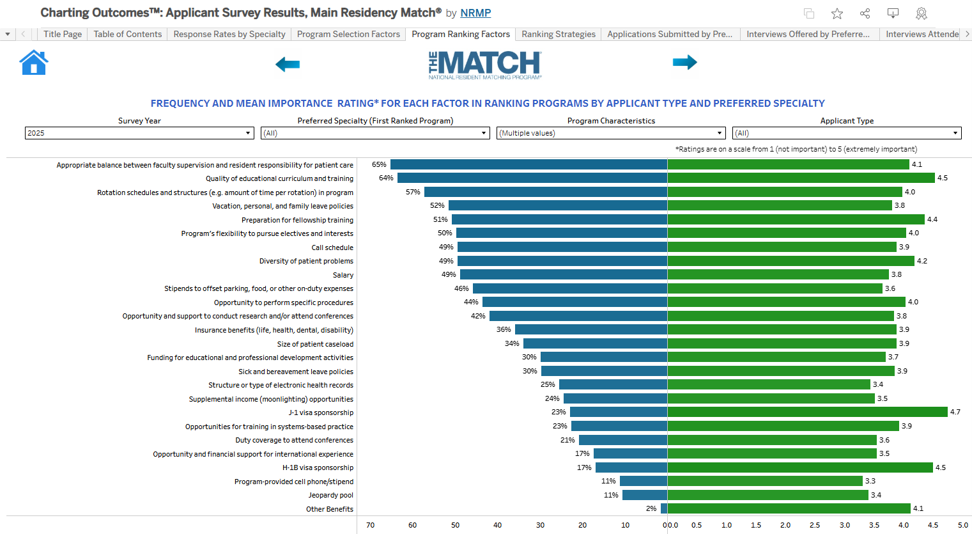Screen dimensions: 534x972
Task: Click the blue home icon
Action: (34, 63)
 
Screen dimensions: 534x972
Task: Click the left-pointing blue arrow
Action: (288, 64)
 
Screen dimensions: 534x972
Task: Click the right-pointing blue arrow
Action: (684, 62)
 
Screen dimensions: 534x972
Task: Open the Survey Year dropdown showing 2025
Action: (139, 133)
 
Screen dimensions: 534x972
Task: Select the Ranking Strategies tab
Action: (558, 35)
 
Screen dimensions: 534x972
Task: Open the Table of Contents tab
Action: (127, 35)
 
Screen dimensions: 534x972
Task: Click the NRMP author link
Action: (475, 13)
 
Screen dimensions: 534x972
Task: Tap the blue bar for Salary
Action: (563, 274)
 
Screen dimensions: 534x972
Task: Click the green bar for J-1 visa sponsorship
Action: (807, 412)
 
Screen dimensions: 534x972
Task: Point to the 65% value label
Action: (379, 164)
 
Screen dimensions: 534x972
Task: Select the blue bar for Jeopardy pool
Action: (644, 495)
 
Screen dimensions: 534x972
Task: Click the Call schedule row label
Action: (332, 247)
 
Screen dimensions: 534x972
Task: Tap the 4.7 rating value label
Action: (955, 412)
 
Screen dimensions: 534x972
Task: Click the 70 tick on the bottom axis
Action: (370, 525)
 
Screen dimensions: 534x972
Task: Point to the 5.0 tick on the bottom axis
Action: (962, 525)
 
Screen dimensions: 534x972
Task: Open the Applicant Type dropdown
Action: (847, 133)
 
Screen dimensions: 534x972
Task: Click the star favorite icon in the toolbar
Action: (837, 13)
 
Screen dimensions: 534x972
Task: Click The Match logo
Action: (485, 65)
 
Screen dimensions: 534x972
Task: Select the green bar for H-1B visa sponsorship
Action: (800, 467)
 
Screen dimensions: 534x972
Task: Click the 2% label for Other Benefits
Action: (651, 508)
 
